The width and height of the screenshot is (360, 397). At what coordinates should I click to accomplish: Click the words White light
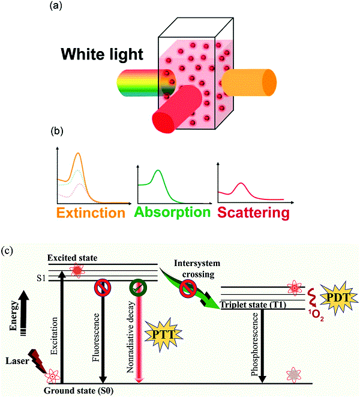(102, 55)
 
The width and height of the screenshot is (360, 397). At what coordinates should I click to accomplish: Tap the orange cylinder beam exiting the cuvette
(249, 82)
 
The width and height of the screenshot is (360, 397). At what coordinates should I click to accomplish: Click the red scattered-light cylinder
(177, 109)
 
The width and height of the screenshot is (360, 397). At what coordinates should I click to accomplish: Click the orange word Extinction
(91, 213)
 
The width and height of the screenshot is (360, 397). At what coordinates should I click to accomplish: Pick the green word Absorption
(172, 212)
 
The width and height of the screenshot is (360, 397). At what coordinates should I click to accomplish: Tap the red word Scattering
(253, 213)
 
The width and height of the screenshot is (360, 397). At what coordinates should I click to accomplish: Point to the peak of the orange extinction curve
(78, 153)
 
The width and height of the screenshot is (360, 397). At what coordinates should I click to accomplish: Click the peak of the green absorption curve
(158, 170)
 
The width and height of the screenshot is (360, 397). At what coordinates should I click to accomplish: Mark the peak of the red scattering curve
(241, 183)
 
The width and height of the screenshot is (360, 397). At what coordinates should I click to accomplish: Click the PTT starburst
(163, 335)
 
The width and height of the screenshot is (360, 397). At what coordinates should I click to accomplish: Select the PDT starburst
(338, 298)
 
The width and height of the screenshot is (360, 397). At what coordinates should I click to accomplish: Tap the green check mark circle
(138, 287)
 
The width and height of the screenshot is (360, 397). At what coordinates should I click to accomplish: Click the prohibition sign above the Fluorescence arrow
(103, 287)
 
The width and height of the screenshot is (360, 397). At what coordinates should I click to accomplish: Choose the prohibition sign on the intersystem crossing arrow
(188, 289)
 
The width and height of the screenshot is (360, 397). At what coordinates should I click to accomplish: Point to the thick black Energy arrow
(24, 313)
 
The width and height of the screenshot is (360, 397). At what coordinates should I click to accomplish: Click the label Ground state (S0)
(79, 390)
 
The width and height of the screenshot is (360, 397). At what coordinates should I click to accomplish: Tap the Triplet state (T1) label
(253, 305)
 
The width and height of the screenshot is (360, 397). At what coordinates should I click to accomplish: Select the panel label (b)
(56, 131)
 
